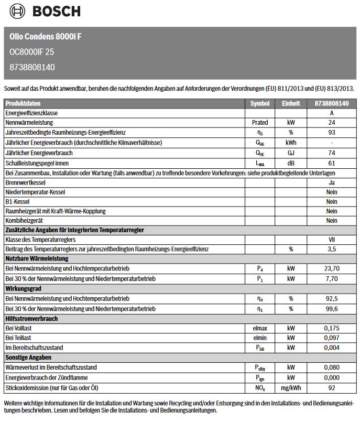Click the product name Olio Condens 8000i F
point(46,37)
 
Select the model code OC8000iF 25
point(32,52)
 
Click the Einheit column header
point(291,103)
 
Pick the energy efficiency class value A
point(332,113)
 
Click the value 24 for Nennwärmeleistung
point(332,123)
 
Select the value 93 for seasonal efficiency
point(332,133)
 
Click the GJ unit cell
point(291,153)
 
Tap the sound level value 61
point(332,163)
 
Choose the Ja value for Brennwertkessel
point(332,183)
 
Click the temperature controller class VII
point(332,239)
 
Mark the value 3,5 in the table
point(332,249)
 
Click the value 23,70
point(332,269)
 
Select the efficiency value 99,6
point(332,309)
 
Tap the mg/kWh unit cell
point(291,388)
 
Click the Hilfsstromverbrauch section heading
point(31,319)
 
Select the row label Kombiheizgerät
point(26,221)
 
